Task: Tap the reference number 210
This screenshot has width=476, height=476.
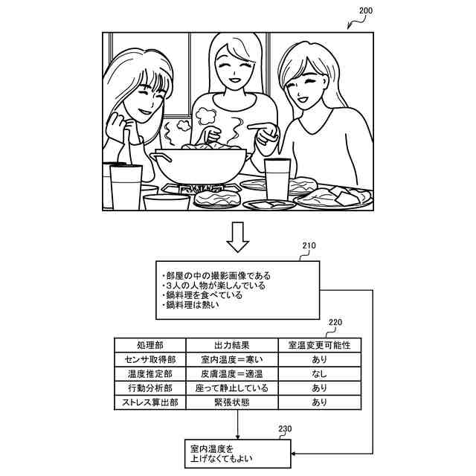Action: pyautogui.click(x=309, y=246)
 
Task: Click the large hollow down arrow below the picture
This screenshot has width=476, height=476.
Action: pyautogui.click(x=238, y=236)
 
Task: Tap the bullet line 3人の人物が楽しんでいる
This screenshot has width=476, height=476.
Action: pyautogui.click(x=213, y=286)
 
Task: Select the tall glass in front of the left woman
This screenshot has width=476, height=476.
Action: pyautogui.click(x=125, y=185)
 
